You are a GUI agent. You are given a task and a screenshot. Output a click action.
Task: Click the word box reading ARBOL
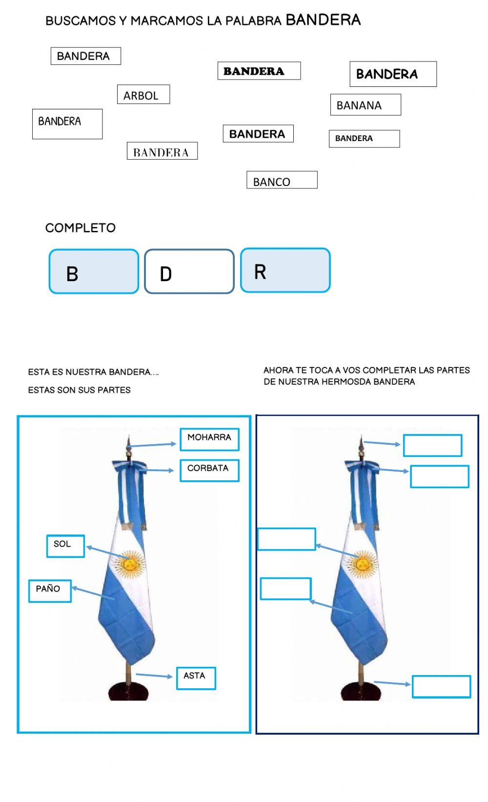(143, 95)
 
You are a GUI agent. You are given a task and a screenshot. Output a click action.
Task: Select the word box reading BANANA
(365, 105)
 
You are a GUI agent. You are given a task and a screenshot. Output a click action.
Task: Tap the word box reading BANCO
(282, 180)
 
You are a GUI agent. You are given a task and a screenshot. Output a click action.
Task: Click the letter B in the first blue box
(72, 274)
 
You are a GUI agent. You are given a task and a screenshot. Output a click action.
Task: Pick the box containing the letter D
(189, 272)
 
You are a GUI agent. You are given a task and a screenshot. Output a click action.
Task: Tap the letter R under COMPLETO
(260, 272)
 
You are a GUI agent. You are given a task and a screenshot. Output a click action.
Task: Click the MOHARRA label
(209, 439)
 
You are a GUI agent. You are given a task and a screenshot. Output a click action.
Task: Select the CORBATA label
(209, 470)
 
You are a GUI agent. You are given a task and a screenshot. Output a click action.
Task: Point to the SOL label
(65, 545)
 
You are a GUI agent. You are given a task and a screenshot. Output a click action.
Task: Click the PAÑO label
(50, 590)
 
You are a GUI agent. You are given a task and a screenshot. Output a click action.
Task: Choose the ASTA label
(196, 678)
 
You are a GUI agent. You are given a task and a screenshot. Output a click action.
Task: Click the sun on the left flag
(130, 564)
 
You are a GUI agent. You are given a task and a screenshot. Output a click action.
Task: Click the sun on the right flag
(363, 564)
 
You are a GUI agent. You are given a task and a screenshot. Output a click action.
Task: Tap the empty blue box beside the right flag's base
(441, 686)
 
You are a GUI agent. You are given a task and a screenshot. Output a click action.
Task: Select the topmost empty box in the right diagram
(432, 445)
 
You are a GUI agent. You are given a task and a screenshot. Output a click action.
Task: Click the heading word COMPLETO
(80, 228)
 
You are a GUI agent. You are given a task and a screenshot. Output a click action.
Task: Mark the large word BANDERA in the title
(323, 20)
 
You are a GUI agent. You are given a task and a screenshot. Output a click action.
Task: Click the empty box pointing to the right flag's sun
(286, 539)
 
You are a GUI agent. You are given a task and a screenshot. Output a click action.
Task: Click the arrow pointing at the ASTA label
(154, 676)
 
